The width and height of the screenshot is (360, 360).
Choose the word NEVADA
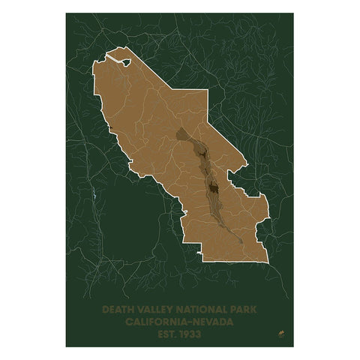(212, 320)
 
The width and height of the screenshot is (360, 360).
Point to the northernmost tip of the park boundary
(106, 53)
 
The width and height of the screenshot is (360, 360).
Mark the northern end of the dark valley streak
(178, 133)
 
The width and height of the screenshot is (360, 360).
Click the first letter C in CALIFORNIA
(131, 320)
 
